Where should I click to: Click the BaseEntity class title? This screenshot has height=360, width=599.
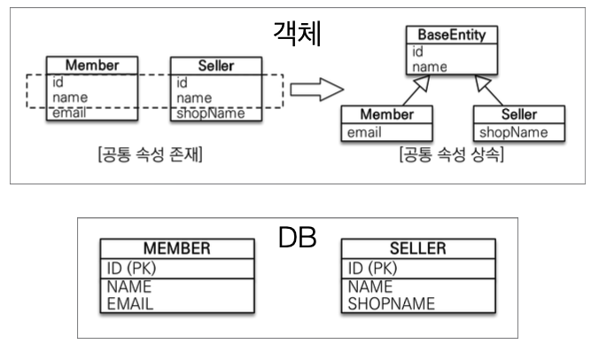(452, 36)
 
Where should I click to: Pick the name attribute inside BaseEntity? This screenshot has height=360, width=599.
(429, 67)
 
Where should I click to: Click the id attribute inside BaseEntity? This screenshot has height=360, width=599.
(418, 51)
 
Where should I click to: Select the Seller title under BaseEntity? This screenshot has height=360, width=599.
(518, 115)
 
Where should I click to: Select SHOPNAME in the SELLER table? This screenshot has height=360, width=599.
(392, 303)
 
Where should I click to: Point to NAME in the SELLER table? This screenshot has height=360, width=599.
(370, 287)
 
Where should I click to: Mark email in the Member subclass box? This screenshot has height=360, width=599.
(367, 133)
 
